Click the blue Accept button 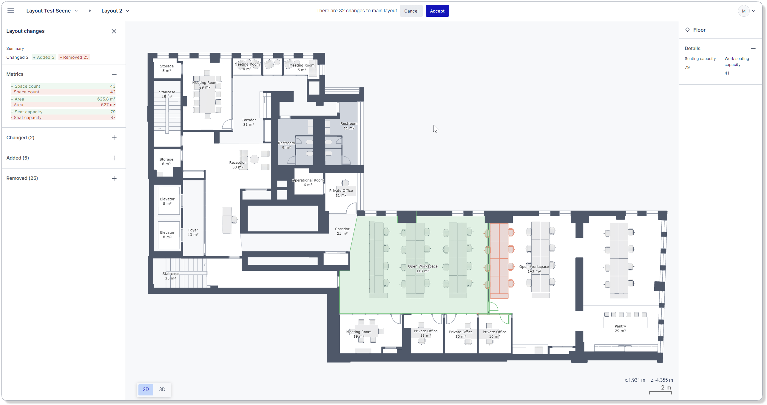point(437,11)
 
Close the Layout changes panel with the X point(114,31)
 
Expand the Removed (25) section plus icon point(114,178)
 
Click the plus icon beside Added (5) point(114,158)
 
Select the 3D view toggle point(162,389)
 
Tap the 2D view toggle point(146,389)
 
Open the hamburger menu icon point(11,11)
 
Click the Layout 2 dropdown point(115,11)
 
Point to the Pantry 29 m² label point(620,328)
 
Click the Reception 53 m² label point(238,165)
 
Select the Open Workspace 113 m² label point(423,268)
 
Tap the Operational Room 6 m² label point(308,183)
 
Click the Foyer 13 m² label point(193,232)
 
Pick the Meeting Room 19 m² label point(359,334)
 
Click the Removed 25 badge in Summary point(74,57)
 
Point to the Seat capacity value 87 point(113,118)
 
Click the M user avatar point(743,11)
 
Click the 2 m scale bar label point(666,387)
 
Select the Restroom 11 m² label point(349,126)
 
